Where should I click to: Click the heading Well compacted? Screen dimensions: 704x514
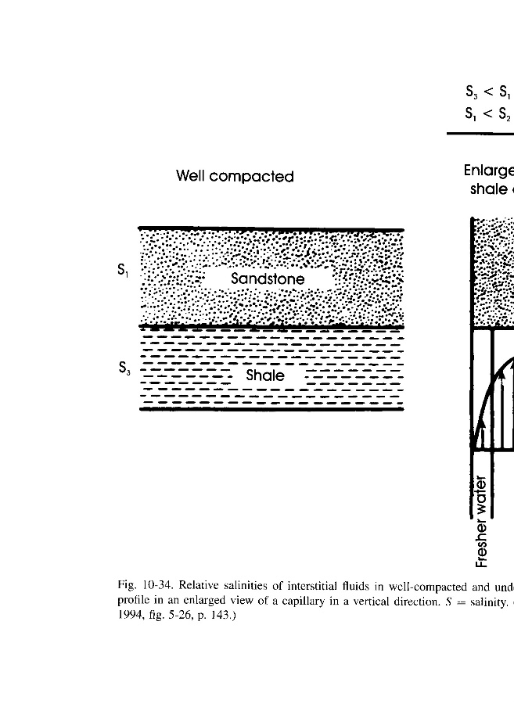[235, 177]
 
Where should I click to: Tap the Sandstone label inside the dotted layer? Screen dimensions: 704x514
[268, 279]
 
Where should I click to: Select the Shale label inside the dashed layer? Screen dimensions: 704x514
[264, 375]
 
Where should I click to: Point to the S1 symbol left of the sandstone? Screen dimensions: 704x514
[122, 271]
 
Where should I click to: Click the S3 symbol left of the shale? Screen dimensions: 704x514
[122, 367]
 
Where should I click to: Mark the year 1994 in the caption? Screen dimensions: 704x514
[128, 615]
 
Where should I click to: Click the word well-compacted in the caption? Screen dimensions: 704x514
[434, 585]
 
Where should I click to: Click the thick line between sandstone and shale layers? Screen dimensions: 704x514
[271, 327]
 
